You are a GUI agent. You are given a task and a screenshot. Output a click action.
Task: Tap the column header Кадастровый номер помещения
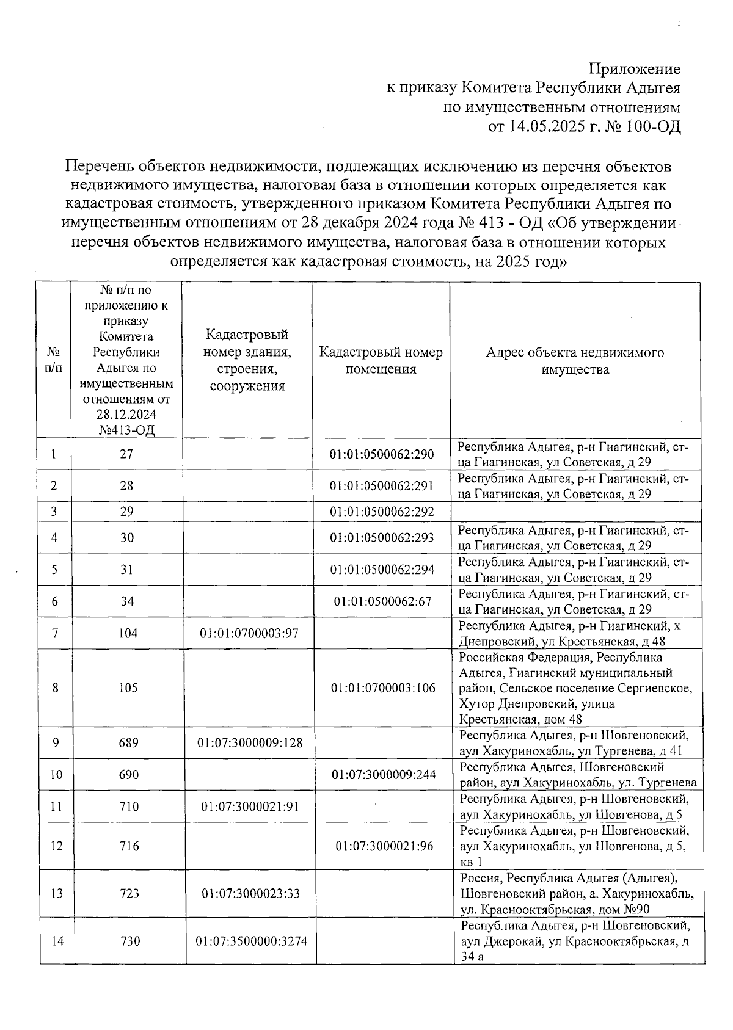pos(381,361)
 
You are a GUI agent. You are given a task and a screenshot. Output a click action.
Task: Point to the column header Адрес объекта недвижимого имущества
pos(575,361)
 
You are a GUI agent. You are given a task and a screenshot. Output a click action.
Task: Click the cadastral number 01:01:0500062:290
pos(381,454)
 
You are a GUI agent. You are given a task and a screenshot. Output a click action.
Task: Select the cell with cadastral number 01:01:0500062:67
pos(382,601)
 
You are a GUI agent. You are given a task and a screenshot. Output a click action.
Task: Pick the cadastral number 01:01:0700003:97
pos(249,634)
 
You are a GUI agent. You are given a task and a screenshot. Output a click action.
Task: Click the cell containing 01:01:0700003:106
pos(383,688)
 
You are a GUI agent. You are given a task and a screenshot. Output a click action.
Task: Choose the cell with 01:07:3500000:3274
pos(251,941)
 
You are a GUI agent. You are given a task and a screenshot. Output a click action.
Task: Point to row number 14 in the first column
pos(57,941)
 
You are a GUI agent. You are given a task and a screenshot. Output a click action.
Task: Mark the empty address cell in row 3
pos(575,512)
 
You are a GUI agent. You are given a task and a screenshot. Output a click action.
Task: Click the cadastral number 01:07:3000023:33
pos(250,894)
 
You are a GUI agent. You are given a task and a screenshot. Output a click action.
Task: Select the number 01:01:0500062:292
pos(381,512)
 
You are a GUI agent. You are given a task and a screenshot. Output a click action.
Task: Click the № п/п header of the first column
pos(54,361)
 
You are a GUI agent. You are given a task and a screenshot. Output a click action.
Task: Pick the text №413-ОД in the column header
pos(126,430)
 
